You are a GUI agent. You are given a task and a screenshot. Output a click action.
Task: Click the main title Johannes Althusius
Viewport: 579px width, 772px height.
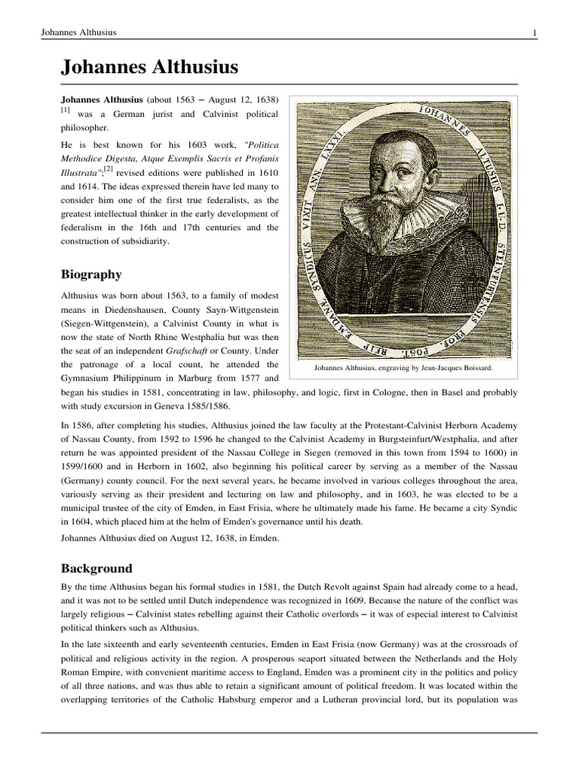coord(149,68)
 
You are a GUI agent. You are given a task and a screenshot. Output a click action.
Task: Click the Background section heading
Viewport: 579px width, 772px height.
coord(96,568)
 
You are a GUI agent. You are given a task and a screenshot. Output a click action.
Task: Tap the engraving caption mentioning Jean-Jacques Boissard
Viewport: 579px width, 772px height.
coord(404,368)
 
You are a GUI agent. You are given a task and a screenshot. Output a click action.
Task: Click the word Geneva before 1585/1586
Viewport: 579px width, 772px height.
coord(173,404)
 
